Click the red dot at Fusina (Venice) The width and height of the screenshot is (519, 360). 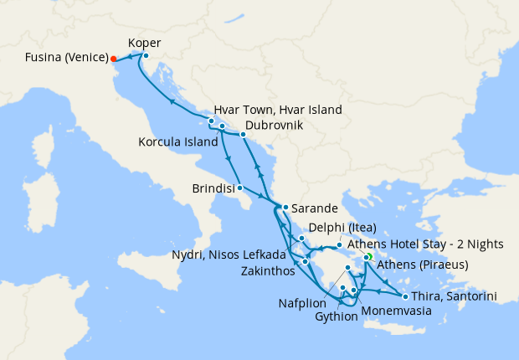click(113, 59)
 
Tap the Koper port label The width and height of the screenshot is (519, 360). click(145, 43)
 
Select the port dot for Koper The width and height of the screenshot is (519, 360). click(146, 56)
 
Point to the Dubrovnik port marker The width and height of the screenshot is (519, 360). click(243, 134)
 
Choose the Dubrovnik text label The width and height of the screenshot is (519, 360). click(269, 126)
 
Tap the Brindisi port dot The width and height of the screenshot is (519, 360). click(240, 188)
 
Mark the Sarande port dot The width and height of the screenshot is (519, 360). click(285, 207)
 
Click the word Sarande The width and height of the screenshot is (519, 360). click(315, 207)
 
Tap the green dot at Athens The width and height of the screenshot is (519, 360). click(368, 256)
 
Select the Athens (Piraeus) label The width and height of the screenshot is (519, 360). click(422, 265)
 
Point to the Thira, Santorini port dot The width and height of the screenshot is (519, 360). click(405, 296)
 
